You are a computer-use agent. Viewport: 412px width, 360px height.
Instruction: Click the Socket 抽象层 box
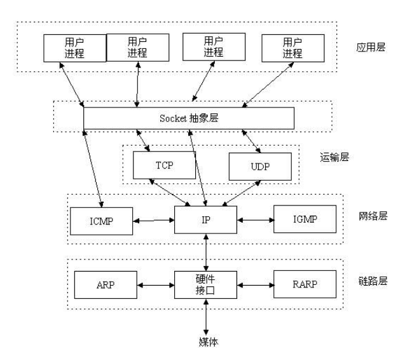click(x=189, y=118)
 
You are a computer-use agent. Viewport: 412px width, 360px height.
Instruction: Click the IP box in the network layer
click(x=205, y=221)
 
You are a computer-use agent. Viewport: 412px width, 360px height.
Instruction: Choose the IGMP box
click(x=303, y=220)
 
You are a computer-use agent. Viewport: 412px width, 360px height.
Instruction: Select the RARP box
click(x=303, y=284)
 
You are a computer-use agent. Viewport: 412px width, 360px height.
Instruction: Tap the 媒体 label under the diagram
click(x=205, y=342)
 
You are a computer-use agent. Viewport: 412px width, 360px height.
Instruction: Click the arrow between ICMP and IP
click(x=154, y=221)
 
